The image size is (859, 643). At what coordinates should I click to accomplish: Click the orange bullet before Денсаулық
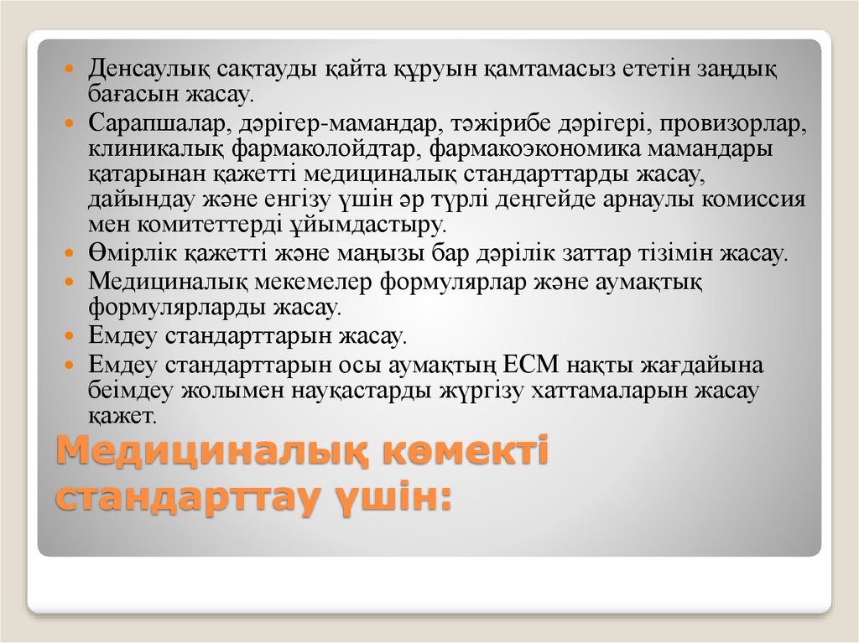point(70,66)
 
